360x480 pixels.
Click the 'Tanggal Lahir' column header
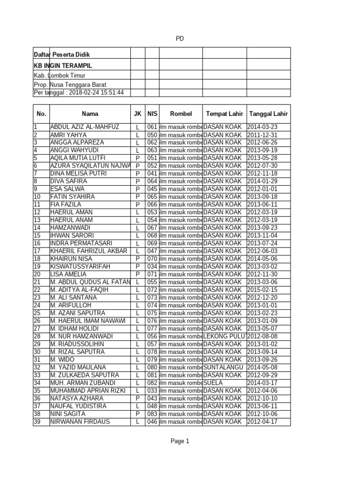click(x=269, y=114)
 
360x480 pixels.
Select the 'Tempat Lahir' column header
click(x=224, y=114)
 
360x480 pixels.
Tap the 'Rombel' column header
click(x=181, y=114)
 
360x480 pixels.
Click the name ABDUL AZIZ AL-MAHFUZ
click(x=85, y=127)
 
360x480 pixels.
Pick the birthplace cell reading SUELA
click(x=213, y=383)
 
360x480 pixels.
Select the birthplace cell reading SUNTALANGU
click(x=224, y=367)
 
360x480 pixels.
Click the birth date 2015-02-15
click(x=262, y=290)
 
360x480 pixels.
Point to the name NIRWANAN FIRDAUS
click(x=80, y=422)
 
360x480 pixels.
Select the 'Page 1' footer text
click(x=180, y=441)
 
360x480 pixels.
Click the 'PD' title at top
click(x=180, y=39)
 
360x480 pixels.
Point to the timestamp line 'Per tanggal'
click(x=79, y=93)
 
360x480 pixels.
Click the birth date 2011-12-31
click(x=262, y=135)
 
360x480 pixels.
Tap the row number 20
click(x=37, y=274)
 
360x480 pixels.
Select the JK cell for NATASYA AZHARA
click(x=137, y=398)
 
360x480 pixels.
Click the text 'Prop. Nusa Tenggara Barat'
click(x=70, y=84)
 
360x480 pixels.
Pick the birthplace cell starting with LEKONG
click(x=224, y=337)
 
